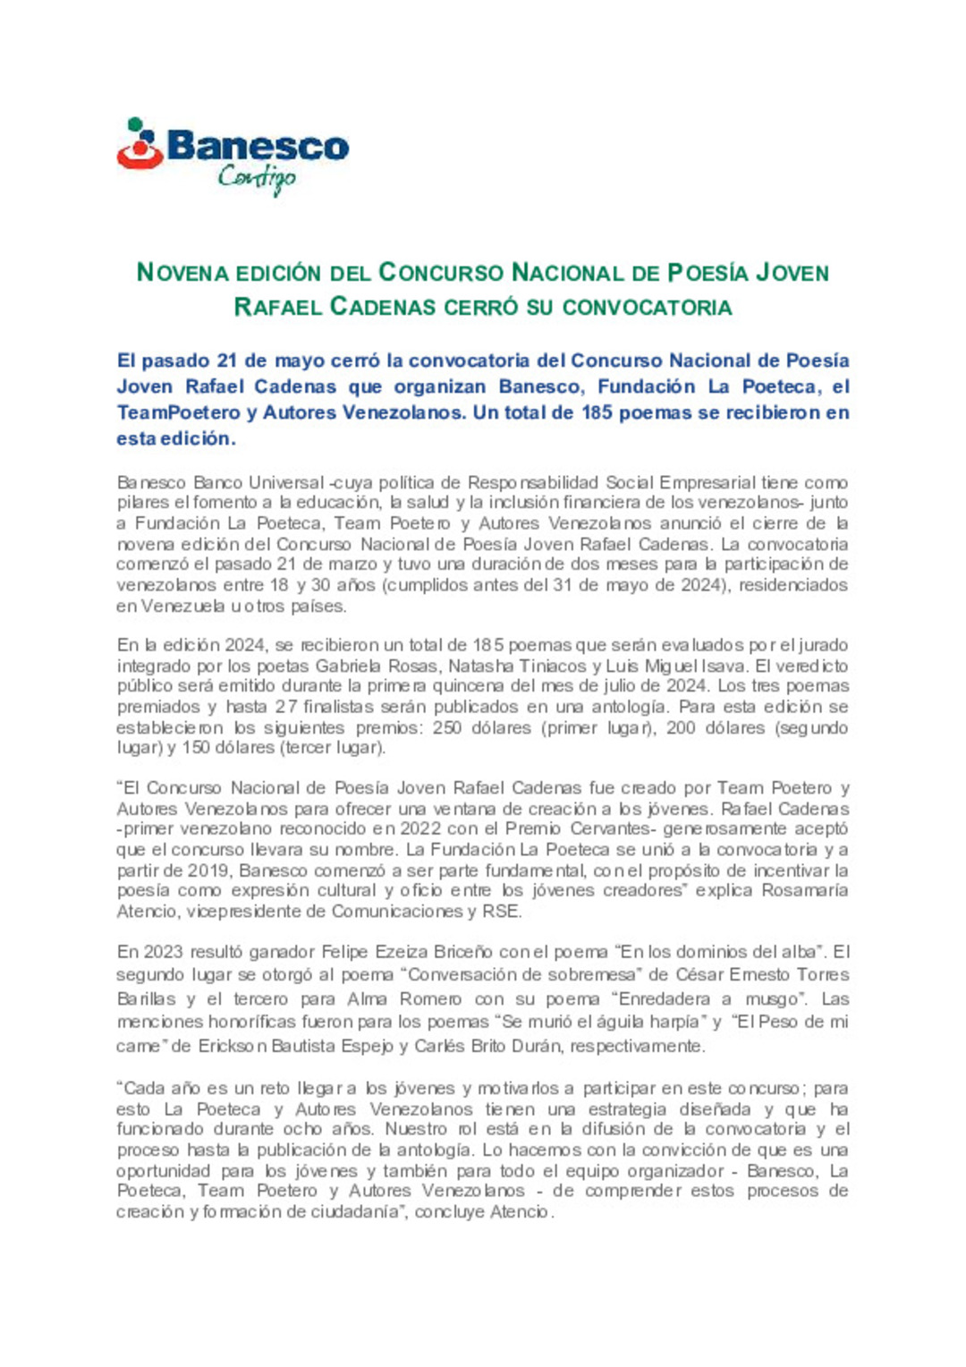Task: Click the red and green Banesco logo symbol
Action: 140,144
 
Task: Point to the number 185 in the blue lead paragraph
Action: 597,412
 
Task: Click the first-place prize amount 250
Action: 447,728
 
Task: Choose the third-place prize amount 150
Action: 195,748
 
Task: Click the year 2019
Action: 210,870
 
